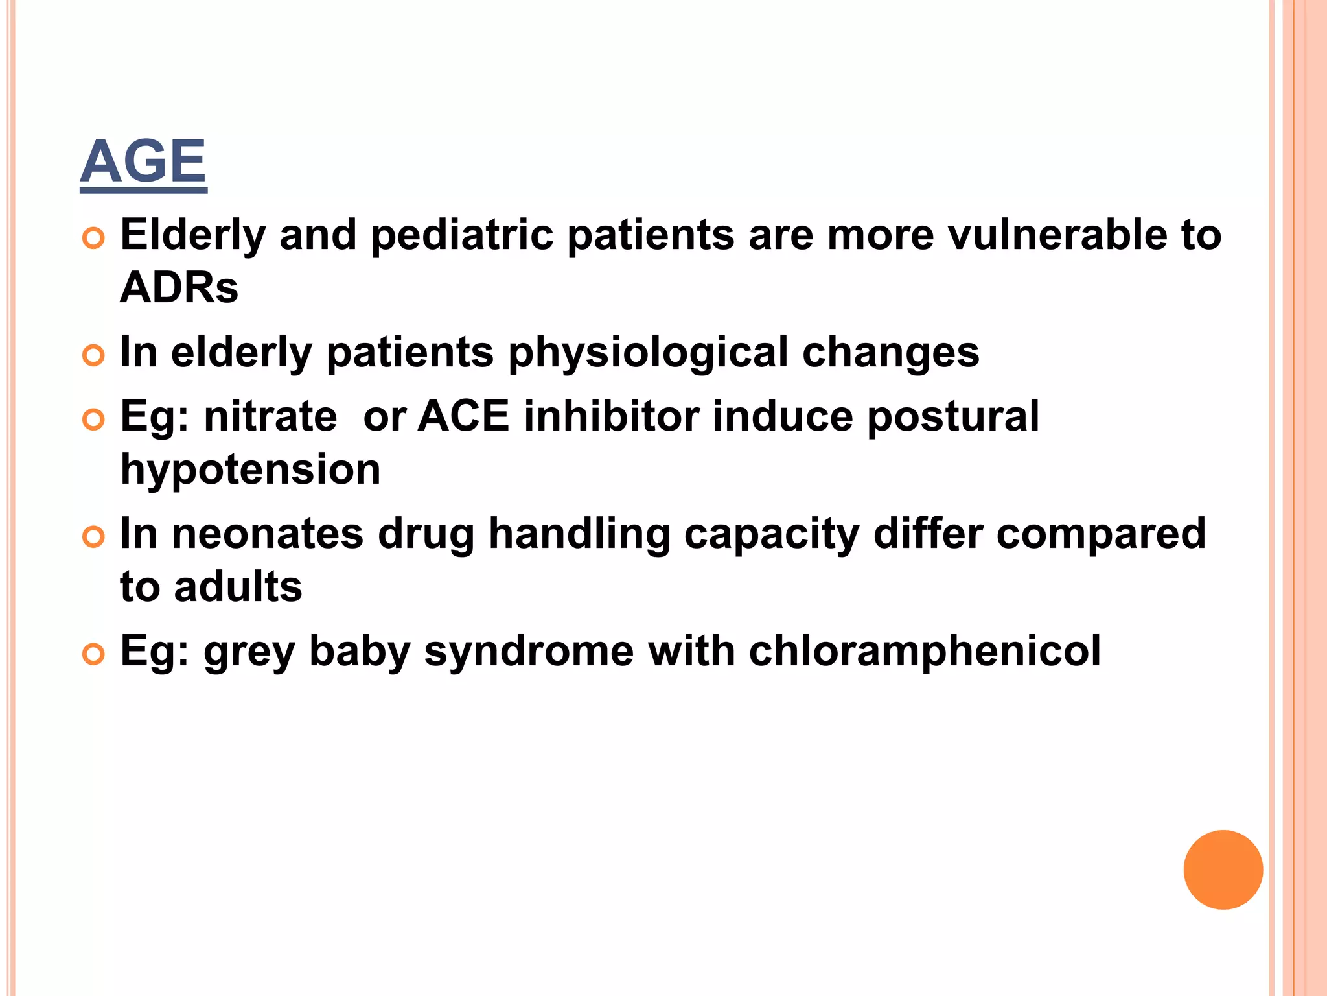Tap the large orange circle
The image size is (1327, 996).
(1223, 870)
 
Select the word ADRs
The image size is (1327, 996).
(179, 288)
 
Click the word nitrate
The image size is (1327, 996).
(270, 416)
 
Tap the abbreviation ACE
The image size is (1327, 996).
(463, 416)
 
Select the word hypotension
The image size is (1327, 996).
(250, 470)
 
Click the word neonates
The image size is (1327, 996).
(268, 534)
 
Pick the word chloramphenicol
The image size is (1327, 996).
(925, 651)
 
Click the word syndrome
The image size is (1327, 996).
(529, 652)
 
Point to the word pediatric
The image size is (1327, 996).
(462, 235)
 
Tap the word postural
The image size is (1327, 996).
(953, 418)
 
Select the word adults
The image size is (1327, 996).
(238, 587)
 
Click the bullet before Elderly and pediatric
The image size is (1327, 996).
(94, 239)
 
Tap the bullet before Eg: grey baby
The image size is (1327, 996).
(94, 655)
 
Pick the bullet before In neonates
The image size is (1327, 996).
(94, 538)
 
